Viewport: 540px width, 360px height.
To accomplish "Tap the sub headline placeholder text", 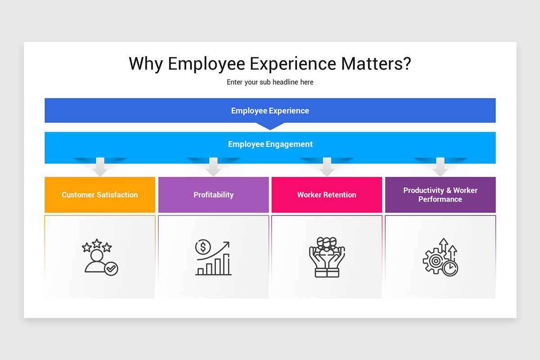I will click(270, 82).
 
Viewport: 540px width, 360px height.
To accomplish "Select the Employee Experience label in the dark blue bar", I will click(270, 111).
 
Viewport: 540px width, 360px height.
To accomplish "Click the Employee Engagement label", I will click(270, 144).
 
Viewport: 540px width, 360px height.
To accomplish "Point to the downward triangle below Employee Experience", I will click(270, 126).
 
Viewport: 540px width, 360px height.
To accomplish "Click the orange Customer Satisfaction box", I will click(100, 195).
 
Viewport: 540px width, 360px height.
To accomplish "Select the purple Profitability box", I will click(213, 195).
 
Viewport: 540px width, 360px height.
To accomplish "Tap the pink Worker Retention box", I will click(327, 195).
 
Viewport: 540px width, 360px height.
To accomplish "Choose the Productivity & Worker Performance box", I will click(440, 195).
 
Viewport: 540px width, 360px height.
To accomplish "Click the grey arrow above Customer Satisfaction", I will click(100, 167).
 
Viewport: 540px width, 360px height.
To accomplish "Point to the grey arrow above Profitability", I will click(213, 167).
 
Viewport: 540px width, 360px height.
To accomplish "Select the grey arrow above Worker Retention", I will click(327, 167).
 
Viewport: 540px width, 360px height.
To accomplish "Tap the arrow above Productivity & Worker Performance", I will click(440, 167).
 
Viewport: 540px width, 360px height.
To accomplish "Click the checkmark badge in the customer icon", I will click(111, 269).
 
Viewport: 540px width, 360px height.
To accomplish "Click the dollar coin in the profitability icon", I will click(203, 247).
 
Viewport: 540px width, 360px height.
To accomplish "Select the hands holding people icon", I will click(327, 257).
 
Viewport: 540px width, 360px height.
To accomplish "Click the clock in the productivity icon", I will click(450, 269).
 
